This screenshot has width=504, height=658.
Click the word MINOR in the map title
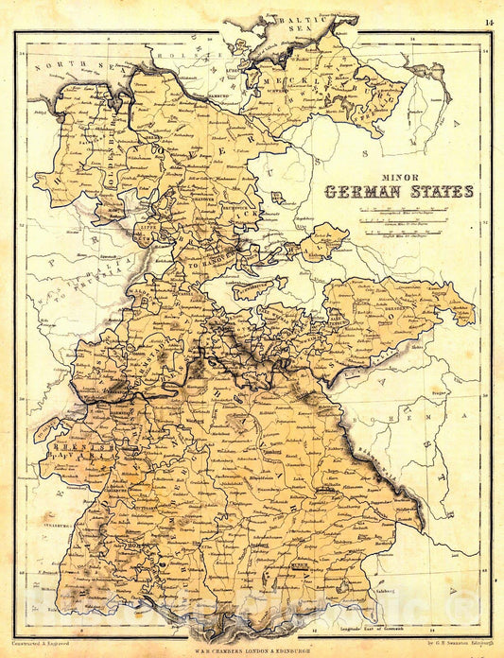pyautogui.click(x=398, y=174)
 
